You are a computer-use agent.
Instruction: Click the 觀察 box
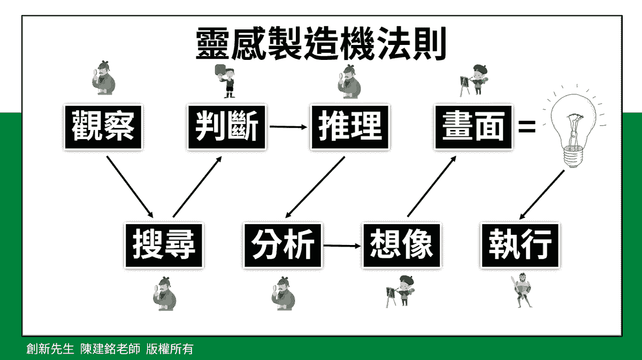point(103,127)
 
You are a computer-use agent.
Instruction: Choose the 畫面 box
point(473,127)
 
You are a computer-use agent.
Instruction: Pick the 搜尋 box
point(164,246)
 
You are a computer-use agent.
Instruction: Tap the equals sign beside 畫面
point(528,127)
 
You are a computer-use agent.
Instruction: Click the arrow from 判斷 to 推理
point(288,127)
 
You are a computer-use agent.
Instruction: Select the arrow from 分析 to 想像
point(342,246)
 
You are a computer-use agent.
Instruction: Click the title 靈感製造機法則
point(321,45)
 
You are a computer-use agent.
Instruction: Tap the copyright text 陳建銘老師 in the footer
point(110,350)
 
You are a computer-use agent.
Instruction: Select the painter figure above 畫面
point(473,80)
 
